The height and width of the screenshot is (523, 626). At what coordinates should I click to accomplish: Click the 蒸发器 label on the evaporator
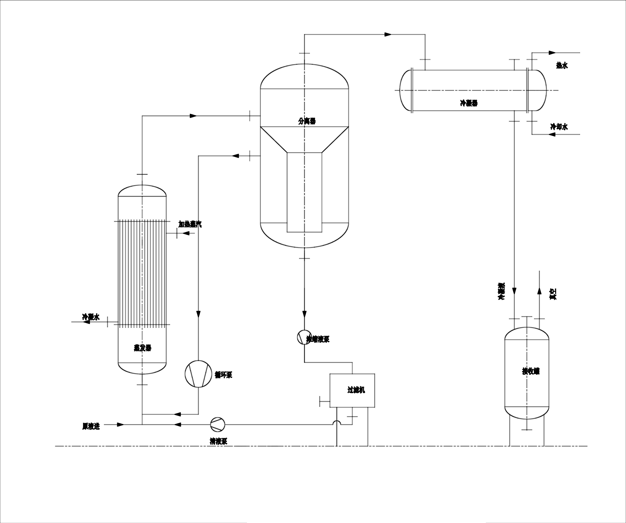[143, 348]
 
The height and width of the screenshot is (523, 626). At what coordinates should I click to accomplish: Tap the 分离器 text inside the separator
[307, 121]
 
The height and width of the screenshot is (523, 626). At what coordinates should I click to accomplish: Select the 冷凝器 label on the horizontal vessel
[469, 103]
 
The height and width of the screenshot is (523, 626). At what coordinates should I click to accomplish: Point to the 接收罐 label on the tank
[531, 371]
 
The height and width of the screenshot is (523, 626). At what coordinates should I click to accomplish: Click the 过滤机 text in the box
[356, 390]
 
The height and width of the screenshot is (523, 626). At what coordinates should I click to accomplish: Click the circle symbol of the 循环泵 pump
[198, 374]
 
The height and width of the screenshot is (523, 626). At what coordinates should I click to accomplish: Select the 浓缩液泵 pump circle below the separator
[304, 337]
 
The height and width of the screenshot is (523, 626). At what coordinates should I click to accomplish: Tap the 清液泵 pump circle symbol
[218, 424]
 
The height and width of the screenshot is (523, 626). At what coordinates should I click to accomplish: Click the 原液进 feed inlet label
[91, 426]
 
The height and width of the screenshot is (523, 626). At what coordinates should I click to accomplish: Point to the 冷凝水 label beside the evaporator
[91, 317]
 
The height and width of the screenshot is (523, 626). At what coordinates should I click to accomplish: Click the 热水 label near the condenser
[562, 65]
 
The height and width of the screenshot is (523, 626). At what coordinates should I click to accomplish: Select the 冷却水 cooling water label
[559, 127]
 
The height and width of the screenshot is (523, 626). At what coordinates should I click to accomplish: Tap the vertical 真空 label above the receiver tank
[553, 294]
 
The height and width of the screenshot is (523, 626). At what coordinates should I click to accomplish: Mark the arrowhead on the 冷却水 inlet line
[552, 134]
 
